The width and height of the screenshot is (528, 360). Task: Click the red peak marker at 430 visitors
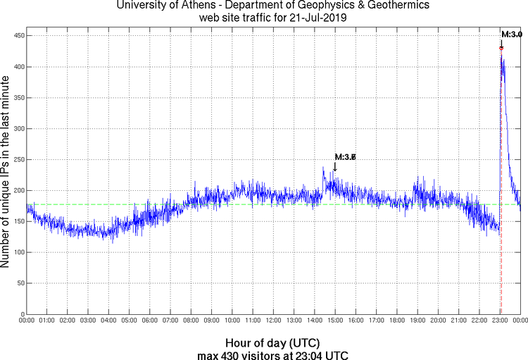[501, 48]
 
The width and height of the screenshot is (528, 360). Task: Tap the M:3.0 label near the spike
[512, 34]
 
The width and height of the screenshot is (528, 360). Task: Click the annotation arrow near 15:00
[335, 166]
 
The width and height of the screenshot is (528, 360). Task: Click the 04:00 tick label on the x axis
[108, 321]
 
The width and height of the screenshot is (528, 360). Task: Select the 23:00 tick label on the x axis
[499, 321]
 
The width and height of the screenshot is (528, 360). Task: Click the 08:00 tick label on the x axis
[191, 321]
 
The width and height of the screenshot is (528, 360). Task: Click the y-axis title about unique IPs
[6, 173]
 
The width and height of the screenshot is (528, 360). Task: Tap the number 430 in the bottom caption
[239, 354]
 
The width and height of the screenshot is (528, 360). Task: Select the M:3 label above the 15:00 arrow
[345, 156]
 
